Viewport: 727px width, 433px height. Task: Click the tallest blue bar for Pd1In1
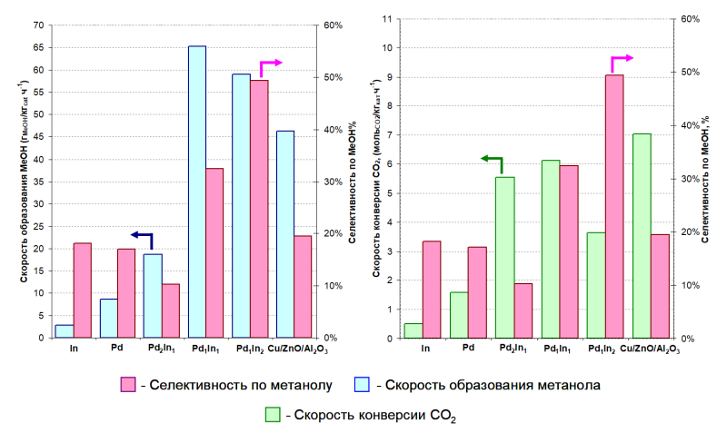(197, 192)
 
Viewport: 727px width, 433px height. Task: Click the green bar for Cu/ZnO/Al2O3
(642, 236)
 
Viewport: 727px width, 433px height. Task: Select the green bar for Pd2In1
(504, 258)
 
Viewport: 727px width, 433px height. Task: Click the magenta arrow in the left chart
(271, 64)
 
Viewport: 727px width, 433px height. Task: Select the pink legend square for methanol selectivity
(128, 385)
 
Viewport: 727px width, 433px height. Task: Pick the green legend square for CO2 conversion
(272, 415)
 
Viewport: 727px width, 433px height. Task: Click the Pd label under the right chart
(468, 347)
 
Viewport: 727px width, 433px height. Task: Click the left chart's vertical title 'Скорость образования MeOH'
(24, 182)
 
